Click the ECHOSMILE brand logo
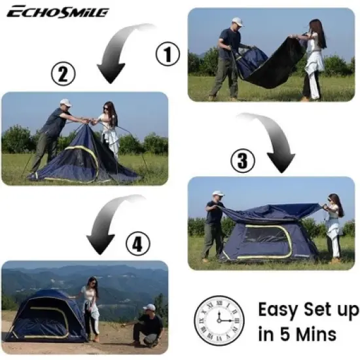58,12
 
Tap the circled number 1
168,54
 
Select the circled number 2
63,75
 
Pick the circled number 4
136,245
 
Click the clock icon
219,319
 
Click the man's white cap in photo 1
237,22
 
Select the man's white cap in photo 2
65,103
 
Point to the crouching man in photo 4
149,325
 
